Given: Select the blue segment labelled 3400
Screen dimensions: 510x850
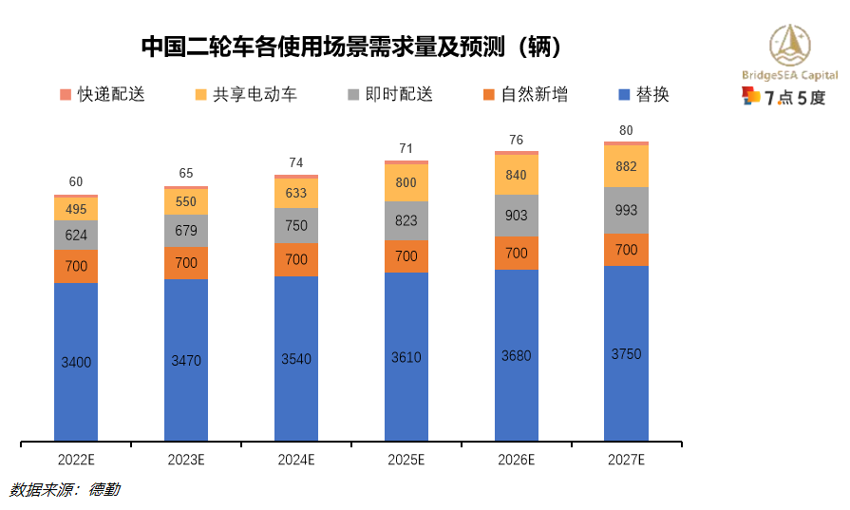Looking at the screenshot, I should pos(76,362).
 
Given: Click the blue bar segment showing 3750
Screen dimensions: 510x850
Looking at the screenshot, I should pos(627,353).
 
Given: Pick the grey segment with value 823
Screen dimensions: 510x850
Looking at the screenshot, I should pos(406,220).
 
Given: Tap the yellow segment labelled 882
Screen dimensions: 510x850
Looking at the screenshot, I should pos(627,166).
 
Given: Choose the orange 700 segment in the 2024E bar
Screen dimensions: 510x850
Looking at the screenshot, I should pos(296,259).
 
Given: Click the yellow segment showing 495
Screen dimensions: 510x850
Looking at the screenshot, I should pos(76,209).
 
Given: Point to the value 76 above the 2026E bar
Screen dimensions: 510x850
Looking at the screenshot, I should pos(517,141).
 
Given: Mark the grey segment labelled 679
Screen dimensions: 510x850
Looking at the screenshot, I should pos(186,231).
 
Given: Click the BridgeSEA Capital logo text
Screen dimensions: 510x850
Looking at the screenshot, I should pos(789,75).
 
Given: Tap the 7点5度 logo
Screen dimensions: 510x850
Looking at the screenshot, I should pos(784,96).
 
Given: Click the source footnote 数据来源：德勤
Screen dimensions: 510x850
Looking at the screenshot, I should pos(65,490).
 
